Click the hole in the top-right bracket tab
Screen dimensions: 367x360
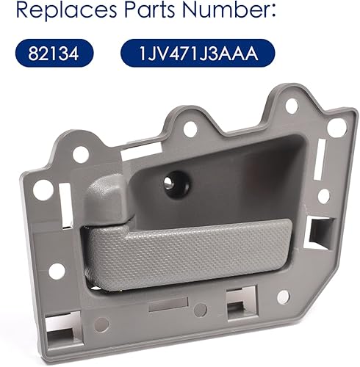point(292,106)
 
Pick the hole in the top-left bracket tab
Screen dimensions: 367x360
point(81,155)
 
